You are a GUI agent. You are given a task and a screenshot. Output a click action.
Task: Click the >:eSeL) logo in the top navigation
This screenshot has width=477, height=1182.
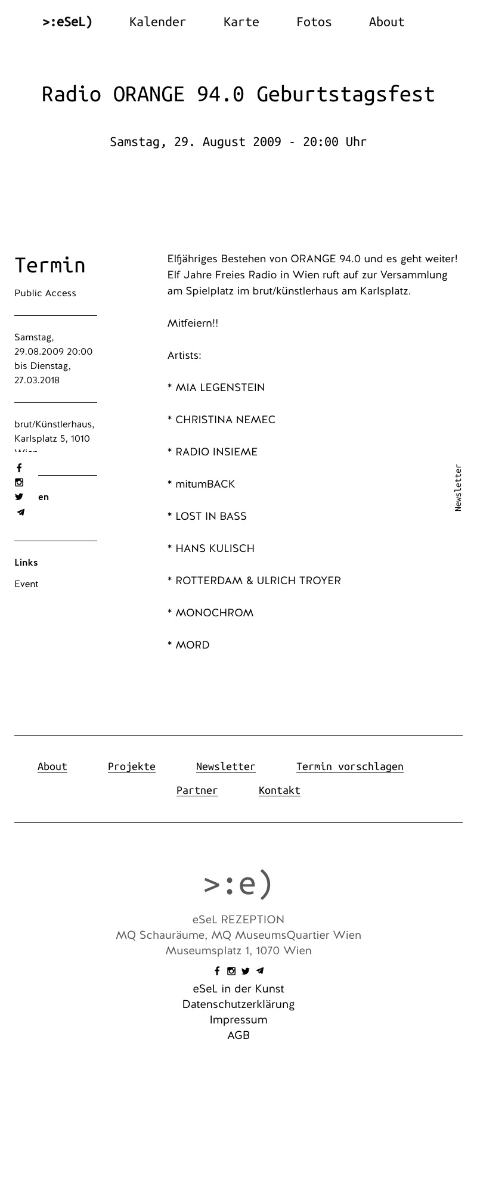67,22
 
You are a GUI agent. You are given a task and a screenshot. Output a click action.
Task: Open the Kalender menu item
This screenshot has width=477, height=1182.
157,22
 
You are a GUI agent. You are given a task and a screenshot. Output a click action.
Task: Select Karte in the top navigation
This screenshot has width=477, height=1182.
241,22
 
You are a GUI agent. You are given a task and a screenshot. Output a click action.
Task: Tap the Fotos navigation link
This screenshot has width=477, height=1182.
314,22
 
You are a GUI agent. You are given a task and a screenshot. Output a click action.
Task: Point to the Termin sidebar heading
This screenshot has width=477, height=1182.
50,265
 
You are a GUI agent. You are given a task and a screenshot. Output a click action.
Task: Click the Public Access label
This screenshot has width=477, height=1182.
45,293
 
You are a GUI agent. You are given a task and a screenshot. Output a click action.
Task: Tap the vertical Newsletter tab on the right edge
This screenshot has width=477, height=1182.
458,488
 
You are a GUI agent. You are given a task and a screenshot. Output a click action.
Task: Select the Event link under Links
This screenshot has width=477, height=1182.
26,584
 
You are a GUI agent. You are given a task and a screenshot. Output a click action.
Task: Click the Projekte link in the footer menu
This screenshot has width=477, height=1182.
132,767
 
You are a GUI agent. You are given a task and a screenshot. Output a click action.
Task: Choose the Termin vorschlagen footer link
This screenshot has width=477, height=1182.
349,767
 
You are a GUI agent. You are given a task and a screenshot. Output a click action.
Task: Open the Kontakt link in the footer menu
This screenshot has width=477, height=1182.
279,790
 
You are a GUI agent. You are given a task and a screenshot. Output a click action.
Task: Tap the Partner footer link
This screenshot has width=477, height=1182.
197,790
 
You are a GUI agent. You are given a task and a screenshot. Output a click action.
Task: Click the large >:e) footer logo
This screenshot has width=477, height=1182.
238,883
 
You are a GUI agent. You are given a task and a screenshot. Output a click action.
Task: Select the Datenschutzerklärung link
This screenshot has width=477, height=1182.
238,1004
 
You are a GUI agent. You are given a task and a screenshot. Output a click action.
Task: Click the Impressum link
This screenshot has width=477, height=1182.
238,1020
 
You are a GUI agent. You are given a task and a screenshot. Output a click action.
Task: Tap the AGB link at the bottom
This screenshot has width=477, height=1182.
238,1035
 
